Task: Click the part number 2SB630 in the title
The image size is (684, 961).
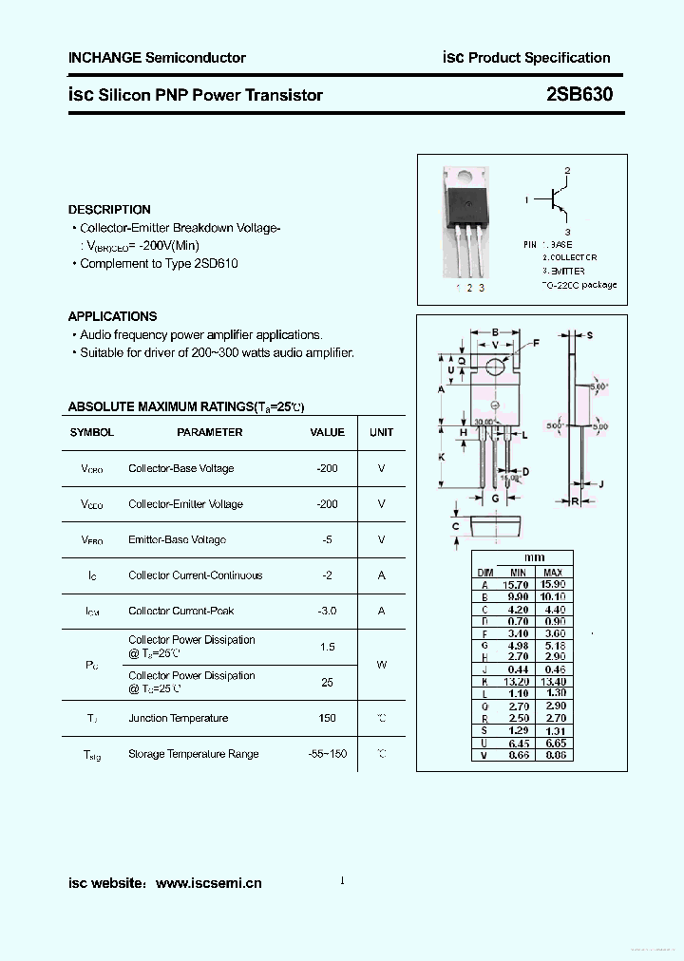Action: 579,94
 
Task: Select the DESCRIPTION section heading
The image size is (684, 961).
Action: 109,209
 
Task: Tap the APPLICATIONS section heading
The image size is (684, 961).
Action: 112,316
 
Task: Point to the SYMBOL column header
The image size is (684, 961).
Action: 91,432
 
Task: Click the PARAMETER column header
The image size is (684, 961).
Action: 210,432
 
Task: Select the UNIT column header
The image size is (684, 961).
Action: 381,432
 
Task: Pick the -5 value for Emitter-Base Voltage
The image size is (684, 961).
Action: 328,539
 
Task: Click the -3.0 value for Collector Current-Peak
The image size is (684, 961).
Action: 328,611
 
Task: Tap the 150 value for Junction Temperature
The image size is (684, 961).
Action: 328,718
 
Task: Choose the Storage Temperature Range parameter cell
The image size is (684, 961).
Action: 193,754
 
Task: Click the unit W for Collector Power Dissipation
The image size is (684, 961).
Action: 381,665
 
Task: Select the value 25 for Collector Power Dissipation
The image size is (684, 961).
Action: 328,683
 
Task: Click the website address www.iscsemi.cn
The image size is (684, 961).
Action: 208,883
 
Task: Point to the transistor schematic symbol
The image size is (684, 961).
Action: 558,200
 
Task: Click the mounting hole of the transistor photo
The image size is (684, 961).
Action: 464,177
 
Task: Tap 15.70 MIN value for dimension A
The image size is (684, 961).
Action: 518,585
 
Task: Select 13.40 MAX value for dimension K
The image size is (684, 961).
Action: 553,682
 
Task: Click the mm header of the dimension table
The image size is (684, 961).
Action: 535,557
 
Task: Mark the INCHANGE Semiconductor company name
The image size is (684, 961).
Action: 157,58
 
